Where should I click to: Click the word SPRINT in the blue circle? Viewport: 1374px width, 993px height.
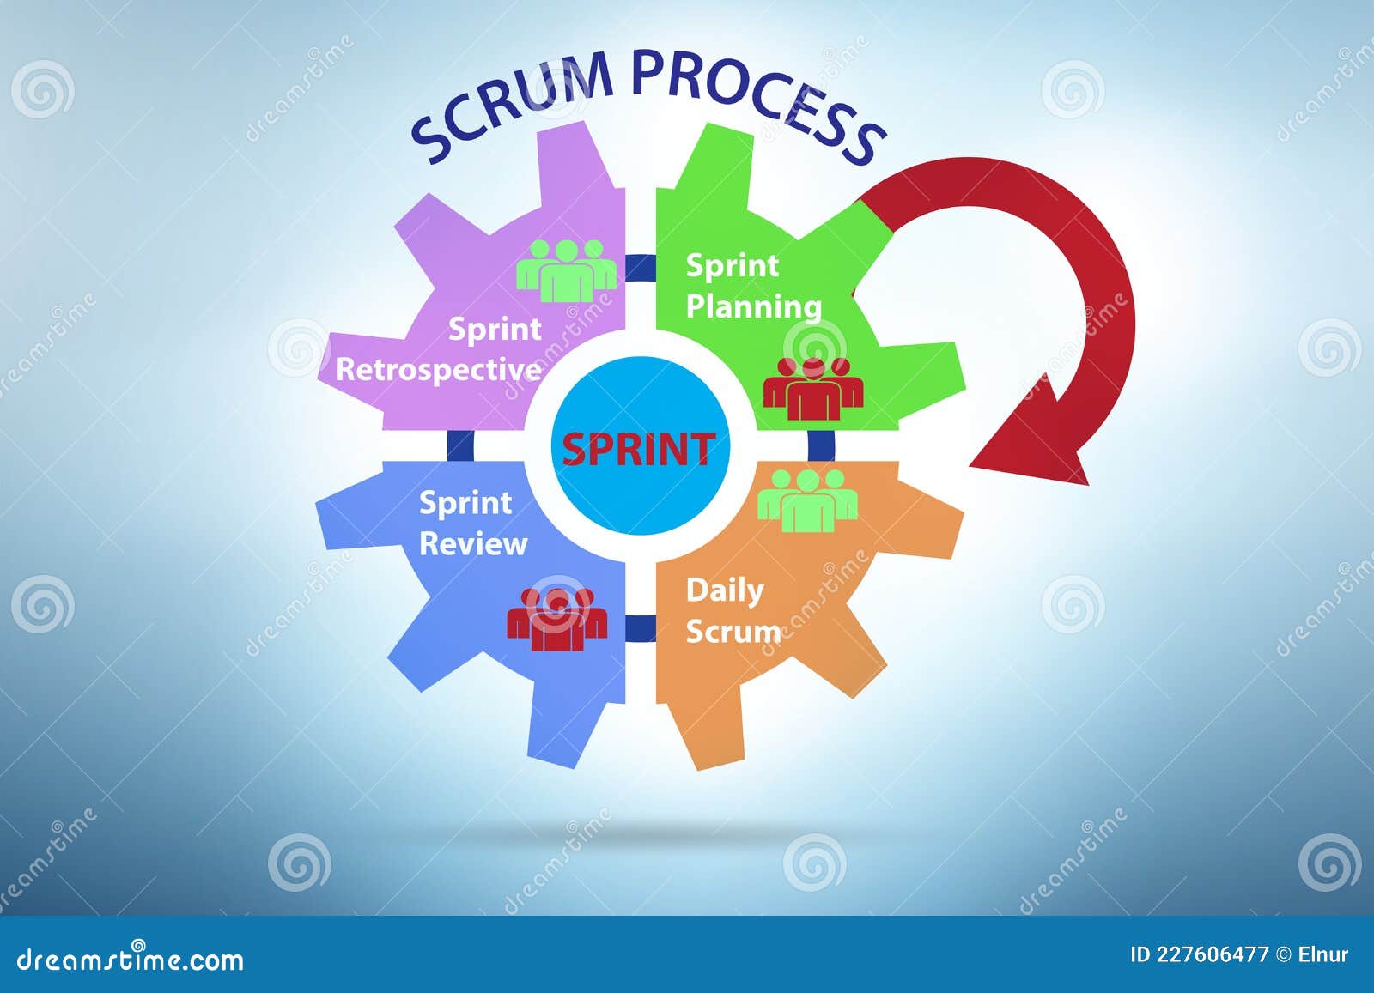638,449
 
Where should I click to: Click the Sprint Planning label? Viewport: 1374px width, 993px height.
752,286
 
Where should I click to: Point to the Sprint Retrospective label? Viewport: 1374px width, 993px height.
440,349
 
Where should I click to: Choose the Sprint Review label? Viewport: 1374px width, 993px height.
472,523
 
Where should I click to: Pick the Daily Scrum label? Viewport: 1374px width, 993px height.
733,610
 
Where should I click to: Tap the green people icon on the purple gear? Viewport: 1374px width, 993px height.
565,270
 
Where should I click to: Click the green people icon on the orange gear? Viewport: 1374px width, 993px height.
807,500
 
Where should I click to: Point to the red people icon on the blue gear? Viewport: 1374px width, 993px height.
556,618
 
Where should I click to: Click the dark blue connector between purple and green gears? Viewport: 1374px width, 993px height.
640,268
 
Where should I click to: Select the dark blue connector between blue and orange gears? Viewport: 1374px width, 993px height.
640,627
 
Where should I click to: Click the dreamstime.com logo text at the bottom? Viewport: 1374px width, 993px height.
131,959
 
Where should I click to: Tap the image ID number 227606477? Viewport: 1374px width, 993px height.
1211,954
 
